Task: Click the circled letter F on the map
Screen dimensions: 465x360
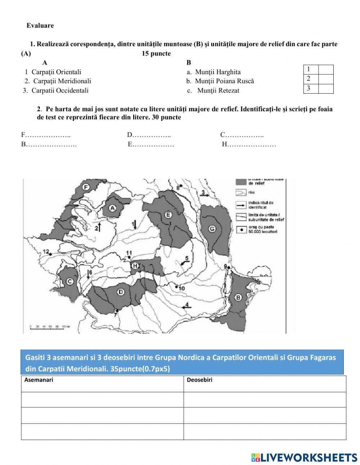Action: coord(86,187)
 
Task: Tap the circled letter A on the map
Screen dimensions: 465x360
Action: coord(112,208)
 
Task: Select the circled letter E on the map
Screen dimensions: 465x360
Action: coord(167,215)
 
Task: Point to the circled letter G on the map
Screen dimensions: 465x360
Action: coord(212,228)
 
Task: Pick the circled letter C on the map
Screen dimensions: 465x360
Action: coord(69,282)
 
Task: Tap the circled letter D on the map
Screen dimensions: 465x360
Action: coord(121,291)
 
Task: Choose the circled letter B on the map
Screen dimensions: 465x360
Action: coord(238,298)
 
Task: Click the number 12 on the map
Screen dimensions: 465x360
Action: coord(46,251)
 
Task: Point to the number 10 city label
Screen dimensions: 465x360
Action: coord(181,288)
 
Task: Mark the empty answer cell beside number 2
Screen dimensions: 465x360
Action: coord(326,79)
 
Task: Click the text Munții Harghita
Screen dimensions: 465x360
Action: coord(217,72)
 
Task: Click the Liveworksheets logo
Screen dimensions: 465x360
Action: coord(304,457)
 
